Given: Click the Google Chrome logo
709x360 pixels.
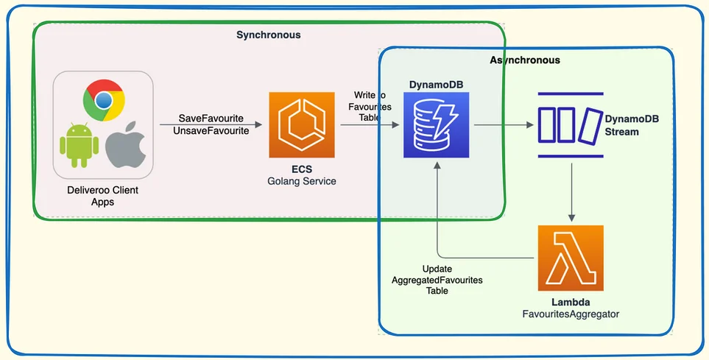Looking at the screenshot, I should click(x=104, y=101).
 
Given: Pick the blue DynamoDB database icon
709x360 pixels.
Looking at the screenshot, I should click(x=436, y=124).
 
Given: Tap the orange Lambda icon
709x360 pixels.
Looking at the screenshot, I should click(x=570, y=258).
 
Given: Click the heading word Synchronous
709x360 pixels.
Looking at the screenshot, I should click(x=268, y=35).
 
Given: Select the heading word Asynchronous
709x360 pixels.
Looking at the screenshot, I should click(x=524, y=60).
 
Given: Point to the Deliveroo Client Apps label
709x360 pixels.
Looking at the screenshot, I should click(x=103, y=196).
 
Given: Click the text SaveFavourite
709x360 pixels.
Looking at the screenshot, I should click(x=211, y=119).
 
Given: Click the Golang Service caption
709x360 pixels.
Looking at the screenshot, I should click(x=302, y=181).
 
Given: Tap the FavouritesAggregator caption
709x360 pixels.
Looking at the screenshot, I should click(x=571, y=314).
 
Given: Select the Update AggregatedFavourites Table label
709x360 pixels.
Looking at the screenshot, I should click(x=437, y=280).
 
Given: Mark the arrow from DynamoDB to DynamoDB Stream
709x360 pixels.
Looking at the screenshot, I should click(x=504, y=124).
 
